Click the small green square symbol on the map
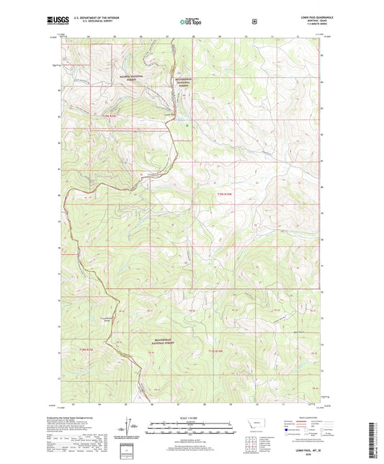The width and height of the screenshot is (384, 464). click(x=188, y=128)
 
